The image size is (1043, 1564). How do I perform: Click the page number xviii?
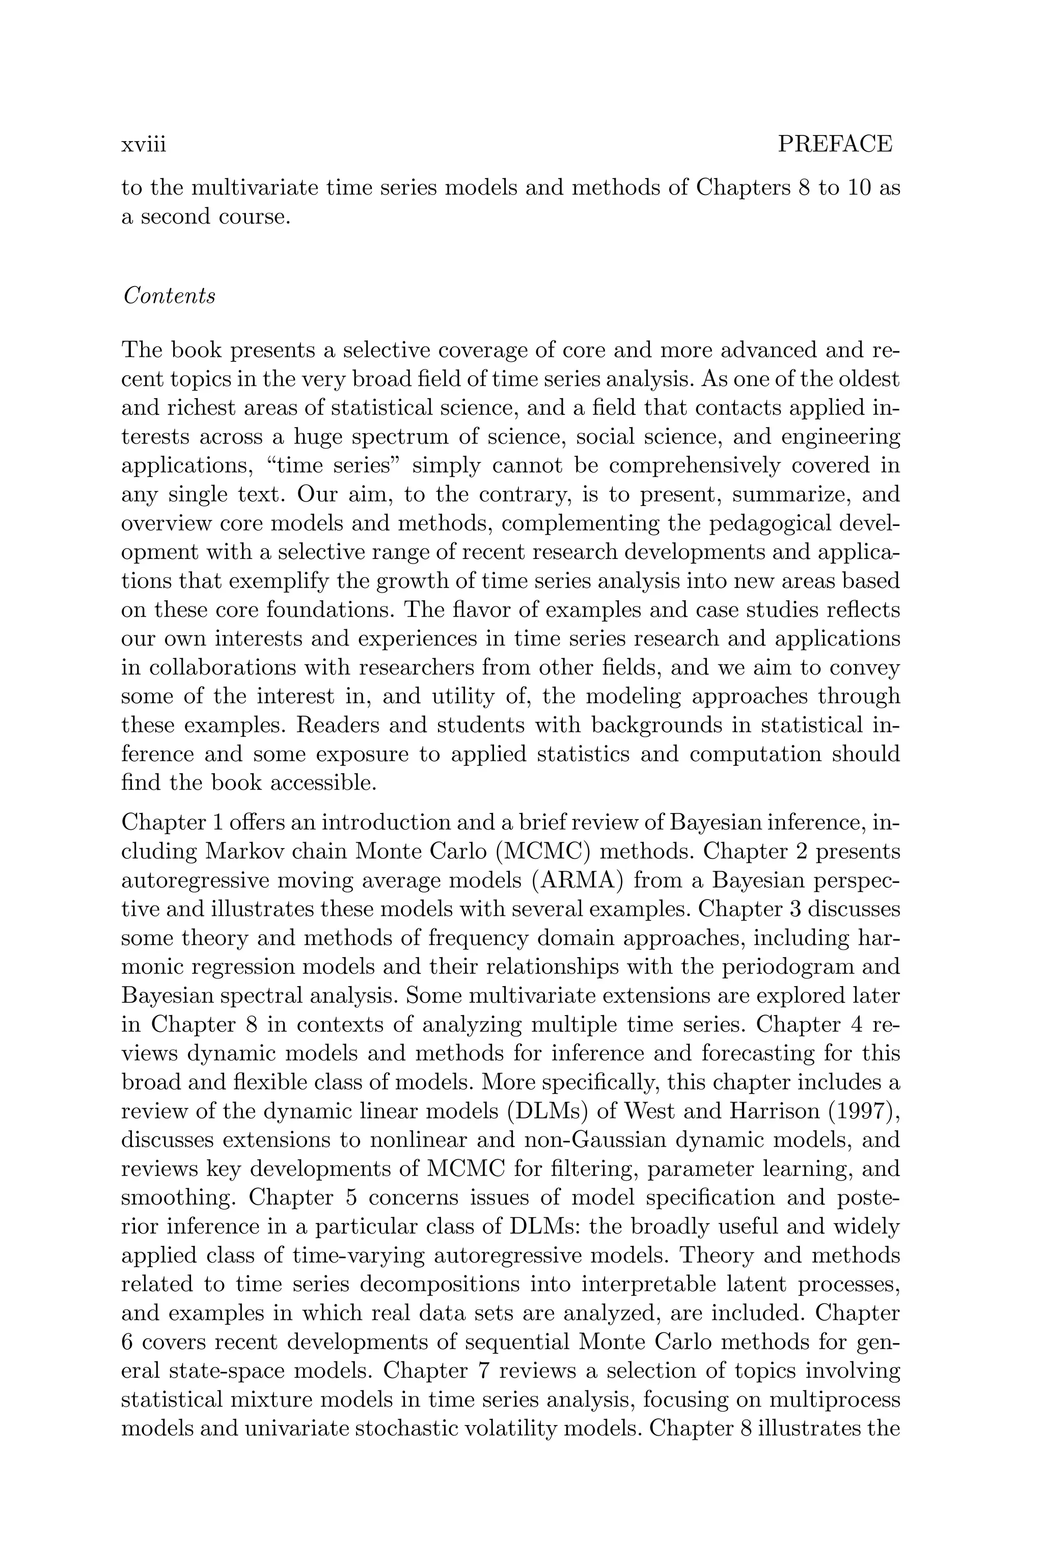pyautogui.click(x=143, y=144)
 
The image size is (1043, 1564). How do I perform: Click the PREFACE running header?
pyautogui.click(x=835, y=144)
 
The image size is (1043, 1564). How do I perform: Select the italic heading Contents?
pyautogui.click(x=170, y=296)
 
